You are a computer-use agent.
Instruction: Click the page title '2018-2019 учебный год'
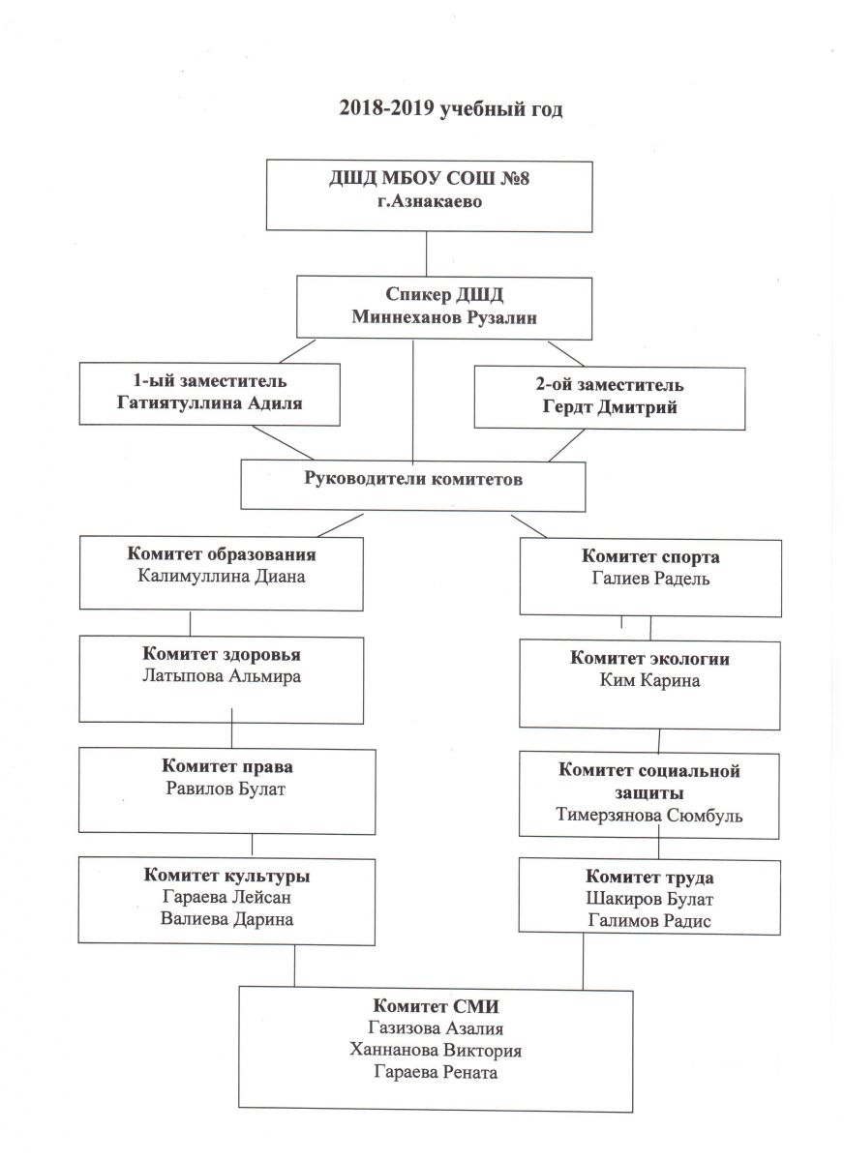(450, 108)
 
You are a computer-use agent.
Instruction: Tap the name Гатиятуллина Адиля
(208, 403)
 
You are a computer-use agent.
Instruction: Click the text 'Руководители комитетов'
(413, 479)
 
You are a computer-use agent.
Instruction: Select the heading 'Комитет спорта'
(650, 557)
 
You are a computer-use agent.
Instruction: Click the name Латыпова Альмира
(222, 676)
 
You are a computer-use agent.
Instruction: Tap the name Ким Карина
(649, 680)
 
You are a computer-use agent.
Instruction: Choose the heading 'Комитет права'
(228, 767)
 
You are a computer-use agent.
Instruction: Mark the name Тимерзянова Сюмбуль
(649, 815)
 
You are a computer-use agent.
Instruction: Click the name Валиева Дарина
(227, 919)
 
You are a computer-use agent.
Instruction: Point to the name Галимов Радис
(649, 921)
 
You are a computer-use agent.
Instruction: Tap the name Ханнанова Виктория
(437, 1051)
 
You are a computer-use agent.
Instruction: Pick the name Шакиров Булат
(649, 900)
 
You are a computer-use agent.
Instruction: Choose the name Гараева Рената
(437, 1073)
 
